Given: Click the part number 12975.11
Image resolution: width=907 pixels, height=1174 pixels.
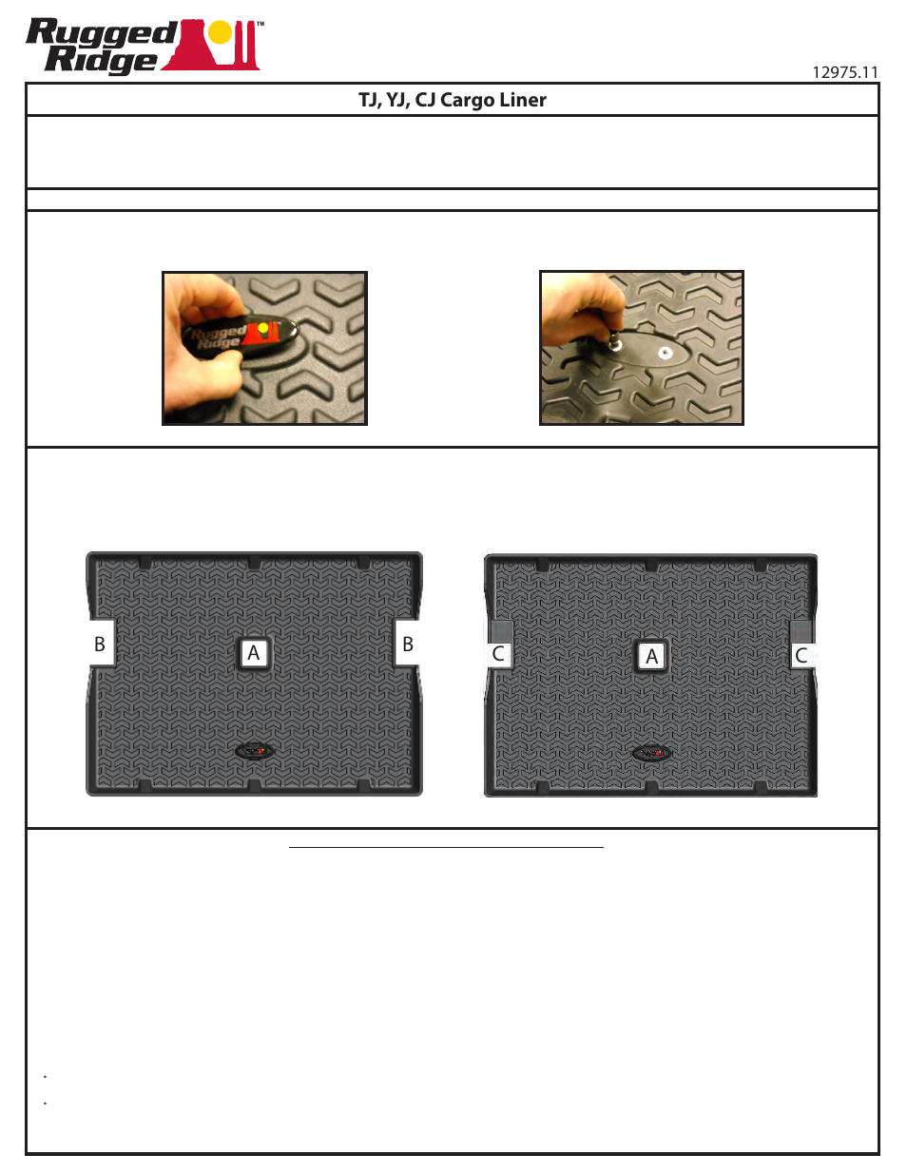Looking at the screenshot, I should coord(844,72).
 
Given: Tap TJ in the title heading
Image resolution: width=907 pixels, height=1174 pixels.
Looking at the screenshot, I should coord(368,100).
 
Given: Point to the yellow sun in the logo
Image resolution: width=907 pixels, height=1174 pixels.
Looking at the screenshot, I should coord(220,33).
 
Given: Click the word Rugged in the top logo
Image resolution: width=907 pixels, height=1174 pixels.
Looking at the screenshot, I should coord(101,33).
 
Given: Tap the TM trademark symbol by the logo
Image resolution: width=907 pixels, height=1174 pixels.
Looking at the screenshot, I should coord(261,25).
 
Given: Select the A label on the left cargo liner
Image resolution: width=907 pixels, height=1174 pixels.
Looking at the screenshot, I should coord(253,653).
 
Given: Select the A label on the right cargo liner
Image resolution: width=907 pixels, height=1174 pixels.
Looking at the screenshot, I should coord(651,656).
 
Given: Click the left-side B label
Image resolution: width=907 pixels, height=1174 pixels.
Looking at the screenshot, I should coord(100,644).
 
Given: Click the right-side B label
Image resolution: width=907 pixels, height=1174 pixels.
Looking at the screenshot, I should coord(408,644).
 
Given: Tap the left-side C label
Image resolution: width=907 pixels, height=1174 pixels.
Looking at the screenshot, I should coord(498,654).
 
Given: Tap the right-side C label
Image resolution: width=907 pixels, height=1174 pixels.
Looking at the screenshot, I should coord(801,655).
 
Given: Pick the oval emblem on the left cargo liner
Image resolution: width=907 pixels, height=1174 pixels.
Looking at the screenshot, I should coord(255,751).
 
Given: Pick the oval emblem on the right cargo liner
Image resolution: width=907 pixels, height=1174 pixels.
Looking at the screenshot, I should coord(652,754).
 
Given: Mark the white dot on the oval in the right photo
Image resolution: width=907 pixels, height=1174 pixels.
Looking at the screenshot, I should coord(666,354).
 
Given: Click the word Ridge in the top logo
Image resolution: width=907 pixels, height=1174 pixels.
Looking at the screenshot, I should coord(101,60).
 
